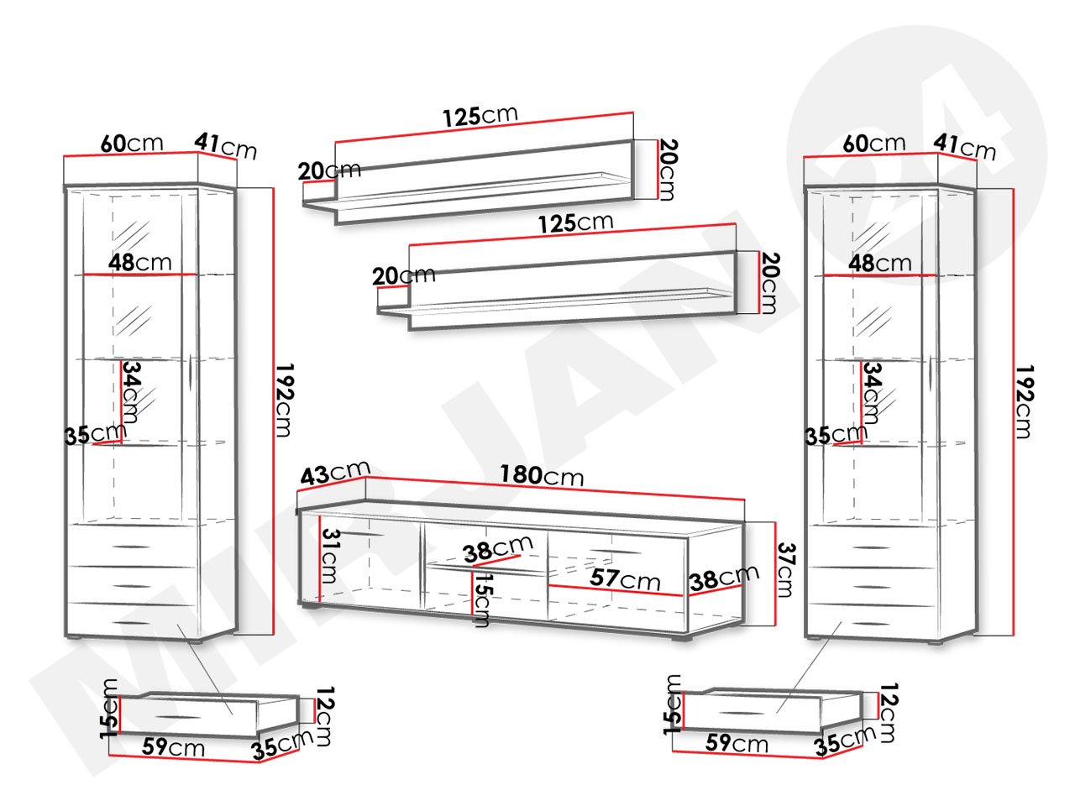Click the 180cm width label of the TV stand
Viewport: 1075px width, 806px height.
541,475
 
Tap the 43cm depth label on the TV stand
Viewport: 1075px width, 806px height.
335,472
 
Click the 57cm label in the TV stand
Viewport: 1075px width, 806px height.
625,579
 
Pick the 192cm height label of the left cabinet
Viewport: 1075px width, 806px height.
284,400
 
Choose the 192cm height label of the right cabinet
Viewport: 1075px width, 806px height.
1024,401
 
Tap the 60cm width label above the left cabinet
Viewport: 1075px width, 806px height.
132,144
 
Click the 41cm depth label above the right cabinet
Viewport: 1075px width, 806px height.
964,146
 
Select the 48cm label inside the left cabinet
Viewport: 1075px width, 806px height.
140,262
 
